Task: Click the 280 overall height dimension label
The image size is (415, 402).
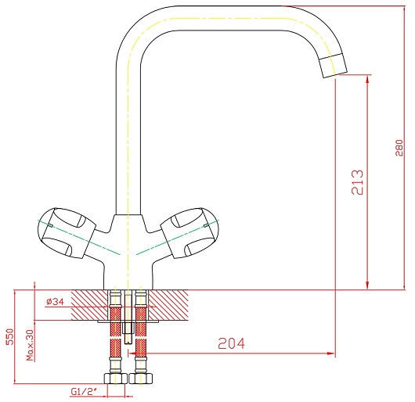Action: point(399,148)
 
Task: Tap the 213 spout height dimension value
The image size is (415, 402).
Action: point(358,182)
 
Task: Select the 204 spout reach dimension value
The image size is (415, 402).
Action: point(232,343)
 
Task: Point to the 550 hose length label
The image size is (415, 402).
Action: point(9,337)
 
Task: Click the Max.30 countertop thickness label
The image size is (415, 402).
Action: point(30,345)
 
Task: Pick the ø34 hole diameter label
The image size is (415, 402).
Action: point(55,302)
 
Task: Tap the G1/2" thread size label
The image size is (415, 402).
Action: point(83,391)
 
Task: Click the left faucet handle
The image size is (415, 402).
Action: point(67,232)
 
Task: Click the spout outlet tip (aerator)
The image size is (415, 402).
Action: point(334,66)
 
